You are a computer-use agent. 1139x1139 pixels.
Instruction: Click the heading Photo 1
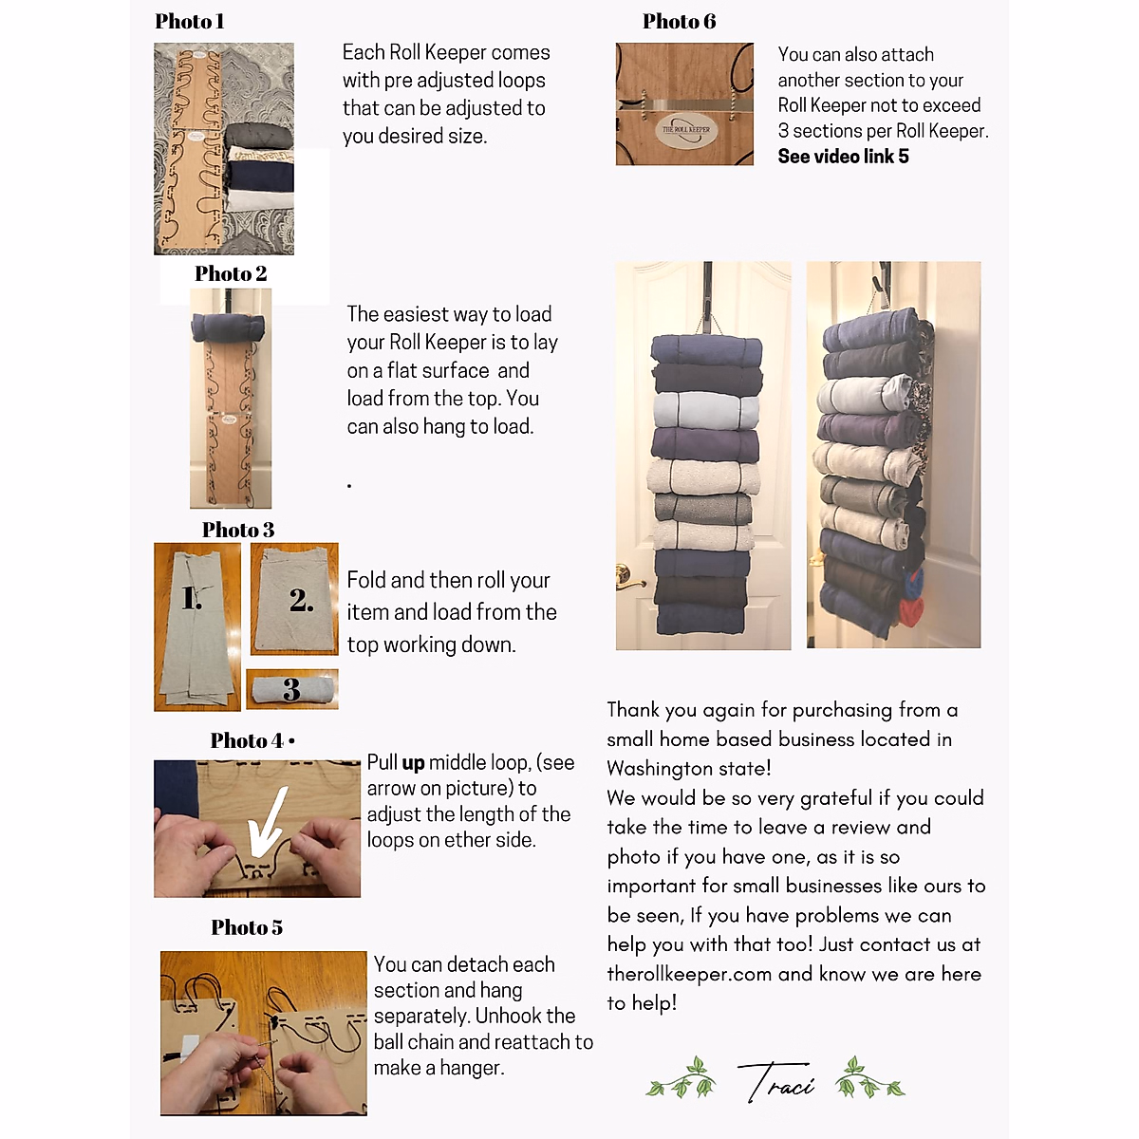pos(189,21)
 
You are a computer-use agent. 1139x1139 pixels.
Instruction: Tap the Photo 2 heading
pos(231,273)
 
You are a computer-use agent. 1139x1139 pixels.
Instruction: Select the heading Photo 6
pos(679,21)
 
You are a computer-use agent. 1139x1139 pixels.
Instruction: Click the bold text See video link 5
pos(843,157)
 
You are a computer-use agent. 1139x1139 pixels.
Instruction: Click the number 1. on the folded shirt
pos(192,598)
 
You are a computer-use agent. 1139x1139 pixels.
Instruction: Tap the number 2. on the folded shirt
pos(302,600)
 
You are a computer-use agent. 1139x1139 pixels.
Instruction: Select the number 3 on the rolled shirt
pos(291,690)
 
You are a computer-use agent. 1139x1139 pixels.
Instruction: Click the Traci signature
pos(775,1081)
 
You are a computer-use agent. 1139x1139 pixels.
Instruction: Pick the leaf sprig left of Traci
pos(681,1078)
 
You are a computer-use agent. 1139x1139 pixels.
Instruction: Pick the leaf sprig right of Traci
pos(869,1078)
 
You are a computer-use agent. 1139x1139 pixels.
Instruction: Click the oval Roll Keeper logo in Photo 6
pos(685,130)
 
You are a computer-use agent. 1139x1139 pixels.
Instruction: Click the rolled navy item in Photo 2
pos(231,327)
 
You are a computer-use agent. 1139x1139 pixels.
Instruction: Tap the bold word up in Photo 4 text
pos(413,763)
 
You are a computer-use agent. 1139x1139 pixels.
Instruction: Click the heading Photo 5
pos(247,927)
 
